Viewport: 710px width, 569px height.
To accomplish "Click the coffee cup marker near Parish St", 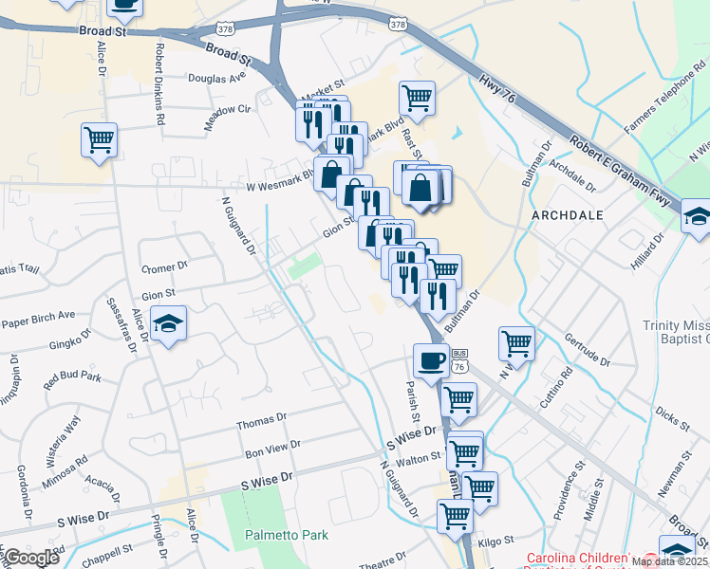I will [x=431, y=361].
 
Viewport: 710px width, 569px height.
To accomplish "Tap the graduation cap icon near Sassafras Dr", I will [x=169, y=324].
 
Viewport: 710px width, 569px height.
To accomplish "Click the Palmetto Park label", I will [x=287, y=535].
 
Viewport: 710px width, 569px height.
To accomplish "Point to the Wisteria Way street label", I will [x=64, y=438].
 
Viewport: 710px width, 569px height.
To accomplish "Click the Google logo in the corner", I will [x=31, y=558].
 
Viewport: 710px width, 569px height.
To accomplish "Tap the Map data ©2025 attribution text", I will [x=669, y=560].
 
